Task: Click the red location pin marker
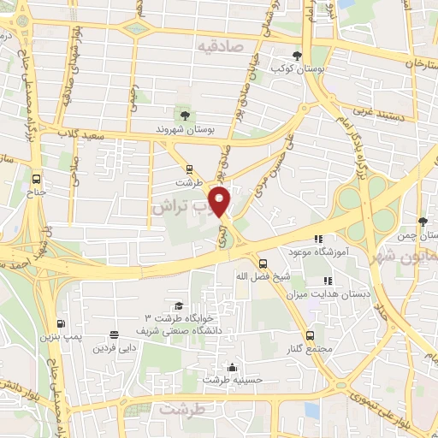pos(222,201)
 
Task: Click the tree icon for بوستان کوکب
pos(297,54)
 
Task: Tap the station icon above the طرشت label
pos(189,169)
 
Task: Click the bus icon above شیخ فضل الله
pos(263,263)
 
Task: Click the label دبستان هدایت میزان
pos(338,293)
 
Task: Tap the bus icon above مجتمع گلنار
pos(310,337)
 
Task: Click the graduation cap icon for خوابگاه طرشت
pos(179,305)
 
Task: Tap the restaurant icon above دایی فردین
pos(114,335)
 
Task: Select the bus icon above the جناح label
pos(36,180)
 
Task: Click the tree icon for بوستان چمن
pos(422,222)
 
